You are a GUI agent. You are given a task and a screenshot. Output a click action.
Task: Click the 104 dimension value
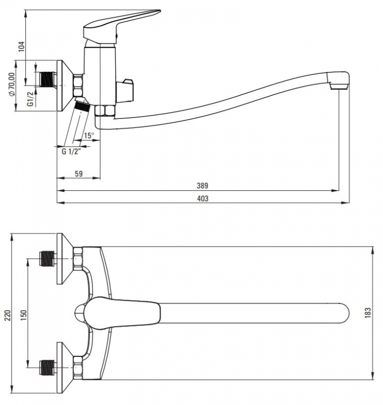pos(22,46)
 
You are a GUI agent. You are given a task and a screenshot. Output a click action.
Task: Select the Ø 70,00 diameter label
pos(12,85)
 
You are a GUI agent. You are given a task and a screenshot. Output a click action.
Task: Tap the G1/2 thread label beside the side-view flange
pos(30,99)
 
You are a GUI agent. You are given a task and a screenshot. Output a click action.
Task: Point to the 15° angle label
pos(89,135)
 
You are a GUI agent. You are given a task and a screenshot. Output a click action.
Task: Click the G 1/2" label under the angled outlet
pos(71,151)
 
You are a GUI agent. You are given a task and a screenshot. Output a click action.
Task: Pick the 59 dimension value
pos(79,174)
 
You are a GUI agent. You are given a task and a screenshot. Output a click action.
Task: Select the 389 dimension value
pos(202,185)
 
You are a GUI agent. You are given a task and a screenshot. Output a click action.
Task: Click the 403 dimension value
pos(203,198)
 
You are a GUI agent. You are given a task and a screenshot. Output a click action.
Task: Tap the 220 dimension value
pos(8,315)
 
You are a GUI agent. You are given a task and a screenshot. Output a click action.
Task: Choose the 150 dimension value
pos(23,315)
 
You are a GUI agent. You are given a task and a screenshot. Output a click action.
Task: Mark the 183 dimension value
pos(368,313)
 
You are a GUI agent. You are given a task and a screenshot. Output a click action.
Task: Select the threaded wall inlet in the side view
pos(48,78)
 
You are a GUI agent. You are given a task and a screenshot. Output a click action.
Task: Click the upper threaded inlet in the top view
pos(48,258)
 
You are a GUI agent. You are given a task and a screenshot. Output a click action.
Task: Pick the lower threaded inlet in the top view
pos(48,368)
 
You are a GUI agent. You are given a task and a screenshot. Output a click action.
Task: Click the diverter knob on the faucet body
pos(125,91)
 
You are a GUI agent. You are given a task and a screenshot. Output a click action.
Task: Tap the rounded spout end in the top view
pos(343,313)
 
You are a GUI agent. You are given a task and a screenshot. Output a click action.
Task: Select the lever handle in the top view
pos(121,313)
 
